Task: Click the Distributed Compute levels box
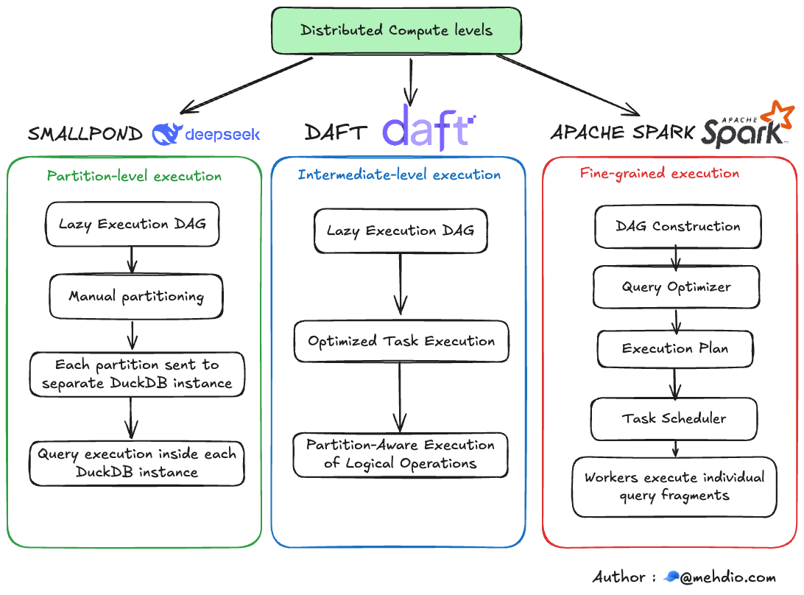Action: [x=396, y=31]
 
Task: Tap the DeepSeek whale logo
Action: [x=166, y=133]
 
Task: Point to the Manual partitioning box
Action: [x=135, y=297]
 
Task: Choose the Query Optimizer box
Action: [x=676, y=287]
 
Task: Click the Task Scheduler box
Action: [x=674, y=419]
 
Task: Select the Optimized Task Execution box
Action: [x=401, y=342]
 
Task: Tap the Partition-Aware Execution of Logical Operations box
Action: [x=401, y=454]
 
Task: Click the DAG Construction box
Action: [x=677, y=227]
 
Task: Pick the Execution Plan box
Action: [x=674, y=349]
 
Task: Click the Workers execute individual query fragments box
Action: [x=674, y=486]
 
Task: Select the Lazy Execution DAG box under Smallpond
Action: [x=133, y=225]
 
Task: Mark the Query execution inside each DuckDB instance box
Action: [x=137, y=463]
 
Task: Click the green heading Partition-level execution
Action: [x=134, y=176]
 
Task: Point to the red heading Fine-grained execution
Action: [x=659, y=174]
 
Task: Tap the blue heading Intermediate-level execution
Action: [x=399, y=175]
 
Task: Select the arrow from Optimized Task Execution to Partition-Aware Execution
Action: [x=400, y=397]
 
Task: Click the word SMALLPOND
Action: [x=85, y=134]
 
